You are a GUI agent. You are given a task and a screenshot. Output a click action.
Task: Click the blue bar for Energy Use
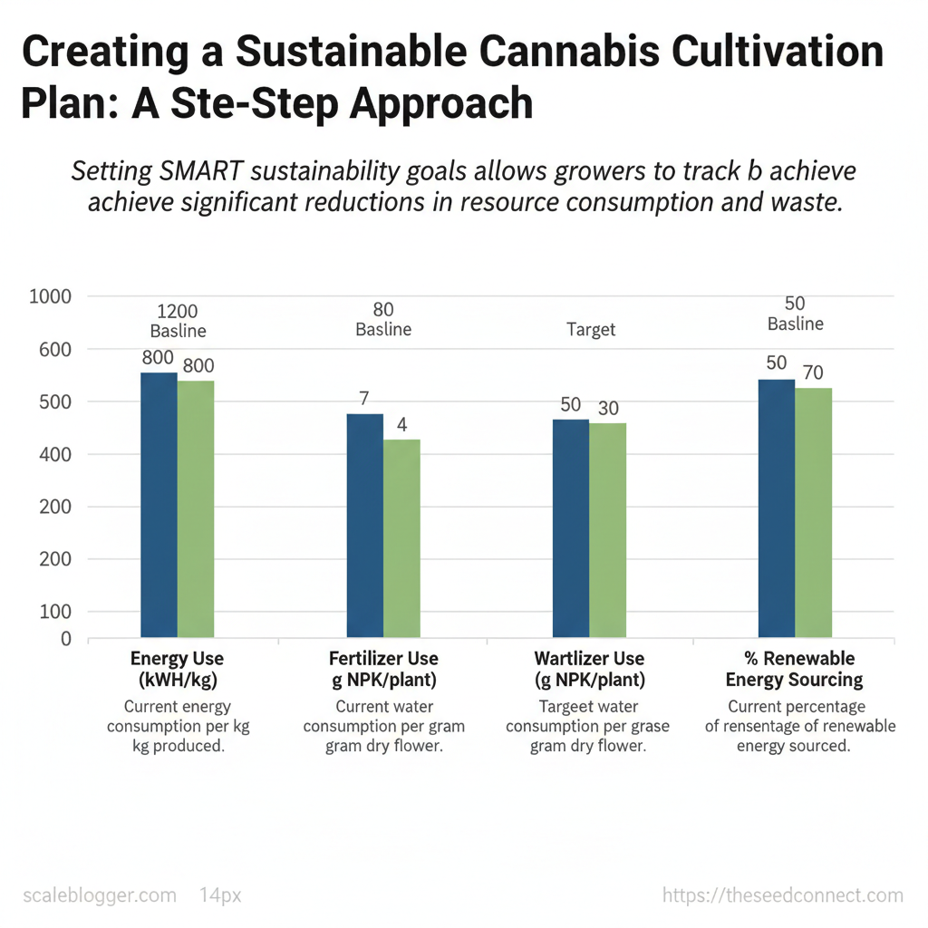click(x=159, y=505)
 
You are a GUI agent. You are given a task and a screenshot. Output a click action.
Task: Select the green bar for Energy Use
click(x=196, y=508)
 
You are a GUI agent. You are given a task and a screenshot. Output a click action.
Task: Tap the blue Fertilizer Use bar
click(x=365, y=526)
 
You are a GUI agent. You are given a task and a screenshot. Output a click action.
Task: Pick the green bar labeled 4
click(x=401, y=538)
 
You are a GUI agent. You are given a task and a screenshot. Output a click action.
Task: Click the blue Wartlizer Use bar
click(x=571, y=528)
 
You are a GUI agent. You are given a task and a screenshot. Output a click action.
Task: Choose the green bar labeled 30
click(x=607, y=530)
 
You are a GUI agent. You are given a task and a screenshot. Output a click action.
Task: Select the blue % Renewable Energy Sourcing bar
click(x=777, y=508)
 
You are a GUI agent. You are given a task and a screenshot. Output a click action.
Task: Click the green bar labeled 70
click(x=813, y=513)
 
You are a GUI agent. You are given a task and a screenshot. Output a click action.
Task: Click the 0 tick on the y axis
click(x=65, y=639)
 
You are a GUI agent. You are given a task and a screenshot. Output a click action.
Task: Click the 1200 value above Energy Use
click(x=177, y=312)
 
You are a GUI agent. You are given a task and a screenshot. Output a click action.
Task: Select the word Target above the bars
click(x=591, y=330)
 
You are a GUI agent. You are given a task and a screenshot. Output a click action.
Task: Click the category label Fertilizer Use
click(x=383, y=659)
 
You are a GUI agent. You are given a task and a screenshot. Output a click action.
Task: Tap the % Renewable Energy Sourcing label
click(x=795, y=669)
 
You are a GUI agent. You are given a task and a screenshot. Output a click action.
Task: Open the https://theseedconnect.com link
click(x=783, y=895)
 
